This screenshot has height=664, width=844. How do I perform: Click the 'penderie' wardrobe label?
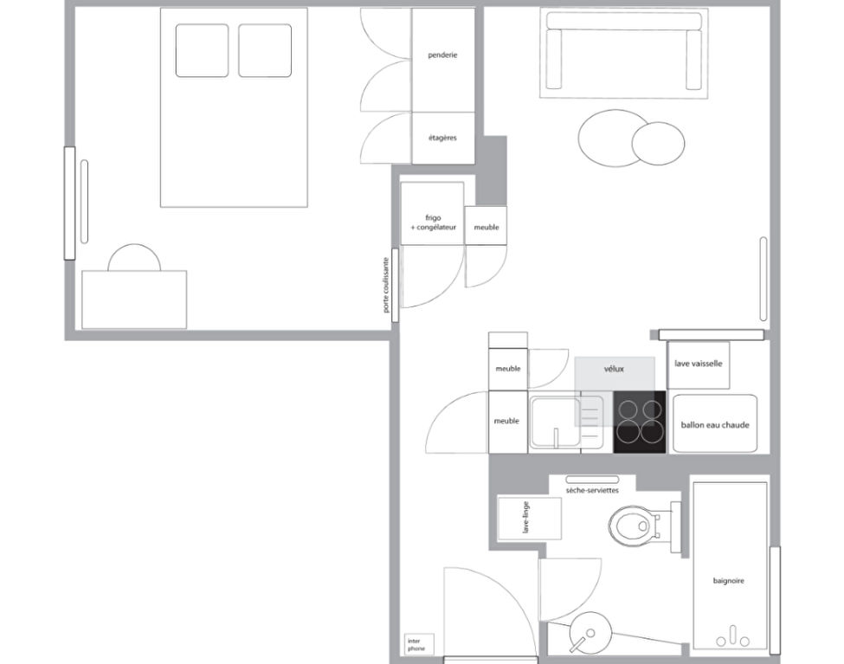coord(442,55)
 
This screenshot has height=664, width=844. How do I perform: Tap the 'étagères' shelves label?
coord(442,138)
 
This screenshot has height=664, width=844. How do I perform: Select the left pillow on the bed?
coord(202,50)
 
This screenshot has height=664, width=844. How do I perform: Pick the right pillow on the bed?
coord(265,50)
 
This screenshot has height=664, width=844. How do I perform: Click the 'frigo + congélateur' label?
coord(434,222)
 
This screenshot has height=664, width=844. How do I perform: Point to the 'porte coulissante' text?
coord(385,285)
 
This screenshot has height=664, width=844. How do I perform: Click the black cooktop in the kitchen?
coord(640,422)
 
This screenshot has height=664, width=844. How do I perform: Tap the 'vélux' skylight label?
coord(614,369)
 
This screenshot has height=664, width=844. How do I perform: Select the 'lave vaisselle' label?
coord(698,364)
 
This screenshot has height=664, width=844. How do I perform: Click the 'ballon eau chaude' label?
coord(715,425)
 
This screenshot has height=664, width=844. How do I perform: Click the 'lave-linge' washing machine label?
coord(526,518)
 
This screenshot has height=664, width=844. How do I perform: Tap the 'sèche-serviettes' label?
coord(592,491)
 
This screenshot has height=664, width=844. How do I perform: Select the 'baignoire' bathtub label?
coord(728,581)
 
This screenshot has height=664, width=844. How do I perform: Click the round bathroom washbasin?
coord(590,632)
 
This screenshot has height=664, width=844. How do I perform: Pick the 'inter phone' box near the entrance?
coord(419,644)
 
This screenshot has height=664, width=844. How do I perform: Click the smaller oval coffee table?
coord(658,143)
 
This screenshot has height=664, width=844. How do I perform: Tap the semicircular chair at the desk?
coord(134,258)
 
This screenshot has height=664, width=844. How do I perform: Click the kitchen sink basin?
coord(556,422)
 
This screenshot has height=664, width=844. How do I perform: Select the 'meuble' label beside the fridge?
coord(486,228)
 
